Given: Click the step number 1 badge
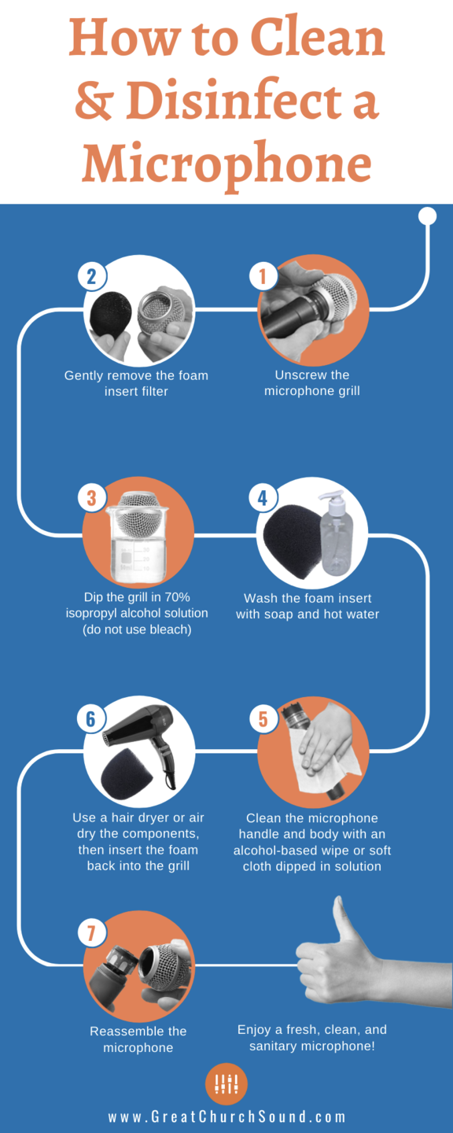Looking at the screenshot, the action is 263,276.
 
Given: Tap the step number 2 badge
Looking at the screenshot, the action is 91,276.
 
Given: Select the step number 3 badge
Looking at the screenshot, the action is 91,498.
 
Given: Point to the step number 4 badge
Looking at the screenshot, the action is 263,498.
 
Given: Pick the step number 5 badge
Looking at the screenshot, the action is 263,719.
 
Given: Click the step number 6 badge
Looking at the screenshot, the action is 91,719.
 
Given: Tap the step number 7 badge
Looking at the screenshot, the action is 91,933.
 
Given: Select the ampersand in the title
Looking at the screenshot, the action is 93,100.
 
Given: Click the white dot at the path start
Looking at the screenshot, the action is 428,216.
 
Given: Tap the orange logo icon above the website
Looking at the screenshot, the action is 226,1083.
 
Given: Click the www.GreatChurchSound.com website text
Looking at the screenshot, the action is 227,1116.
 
